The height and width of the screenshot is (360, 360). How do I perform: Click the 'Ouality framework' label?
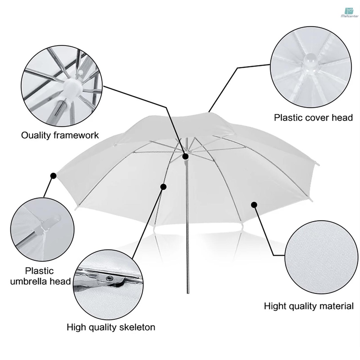click(x=60, y=135)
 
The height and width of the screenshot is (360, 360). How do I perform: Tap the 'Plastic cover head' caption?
click(x=313, y=117)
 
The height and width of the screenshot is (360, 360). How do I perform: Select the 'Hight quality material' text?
click(x=309, y=306)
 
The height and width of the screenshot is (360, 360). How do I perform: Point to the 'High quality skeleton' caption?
click(x=111, y=327)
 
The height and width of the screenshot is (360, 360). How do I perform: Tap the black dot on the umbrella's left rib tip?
click(x=53, y=175)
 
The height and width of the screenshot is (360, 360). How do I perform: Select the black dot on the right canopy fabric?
click(x=254, y=205)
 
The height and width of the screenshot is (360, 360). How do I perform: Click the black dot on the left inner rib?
click(x=163, y=186)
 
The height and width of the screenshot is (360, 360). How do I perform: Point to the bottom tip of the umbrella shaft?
click(x=187, y=292)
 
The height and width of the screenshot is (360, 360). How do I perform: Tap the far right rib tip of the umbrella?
click(x=317, y=164)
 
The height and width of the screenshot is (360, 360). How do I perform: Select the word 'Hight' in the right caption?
click(x=275, y=306)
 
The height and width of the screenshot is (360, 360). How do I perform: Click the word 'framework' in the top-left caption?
click(x=75, y=135)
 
